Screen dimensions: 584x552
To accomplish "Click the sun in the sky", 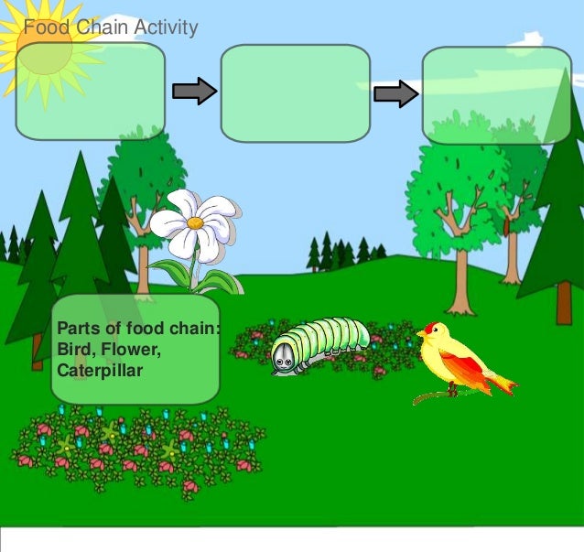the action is (42, 50).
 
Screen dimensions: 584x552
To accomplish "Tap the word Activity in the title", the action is (165, 27).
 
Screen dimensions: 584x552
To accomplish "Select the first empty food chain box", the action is (90, 91).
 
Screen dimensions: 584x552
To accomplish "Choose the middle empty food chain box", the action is (295, 93).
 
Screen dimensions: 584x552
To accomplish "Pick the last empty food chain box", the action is (496, 95).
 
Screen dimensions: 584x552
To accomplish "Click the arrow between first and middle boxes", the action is (194, 91).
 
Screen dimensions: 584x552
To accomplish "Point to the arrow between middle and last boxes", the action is (395, 93).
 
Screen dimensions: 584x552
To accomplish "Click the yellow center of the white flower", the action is (195, 222).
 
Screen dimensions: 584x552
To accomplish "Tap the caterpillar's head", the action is (284, 358).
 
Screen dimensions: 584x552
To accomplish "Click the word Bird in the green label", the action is (72, 349).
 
